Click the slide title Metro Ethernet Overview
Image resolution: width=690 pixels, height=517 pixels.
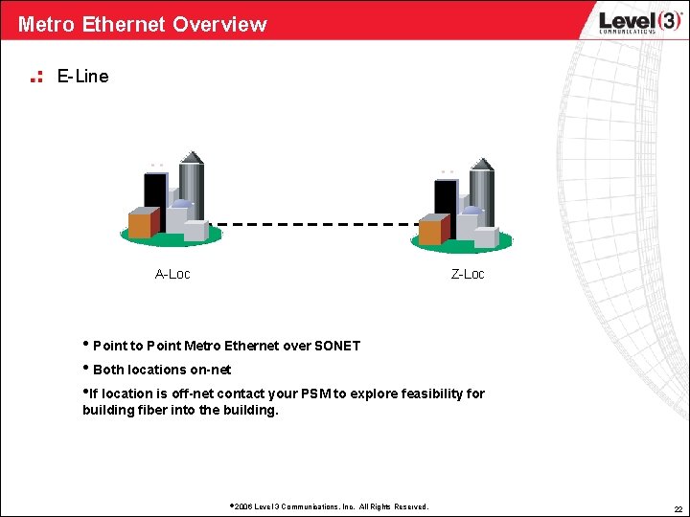pos(142,24)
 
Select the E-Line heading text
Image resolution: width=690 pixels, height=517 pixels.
pos(82,76)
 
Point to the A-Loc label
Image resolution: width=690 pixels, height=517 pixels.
pos(172,275)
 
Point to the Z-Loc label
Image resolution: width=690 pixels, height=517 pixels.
pos(468,275)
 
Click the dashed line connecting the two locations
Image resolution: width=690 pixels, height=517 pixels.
pos(316,225)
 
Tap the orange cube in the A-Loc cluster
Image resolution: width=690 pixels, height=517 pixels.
pos(141,223)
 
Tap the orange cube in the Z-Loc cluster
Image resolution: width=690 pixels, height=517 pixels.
pos(430,230)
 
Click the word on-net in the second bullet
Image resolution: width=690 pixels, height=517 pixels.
pos(211,370)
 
